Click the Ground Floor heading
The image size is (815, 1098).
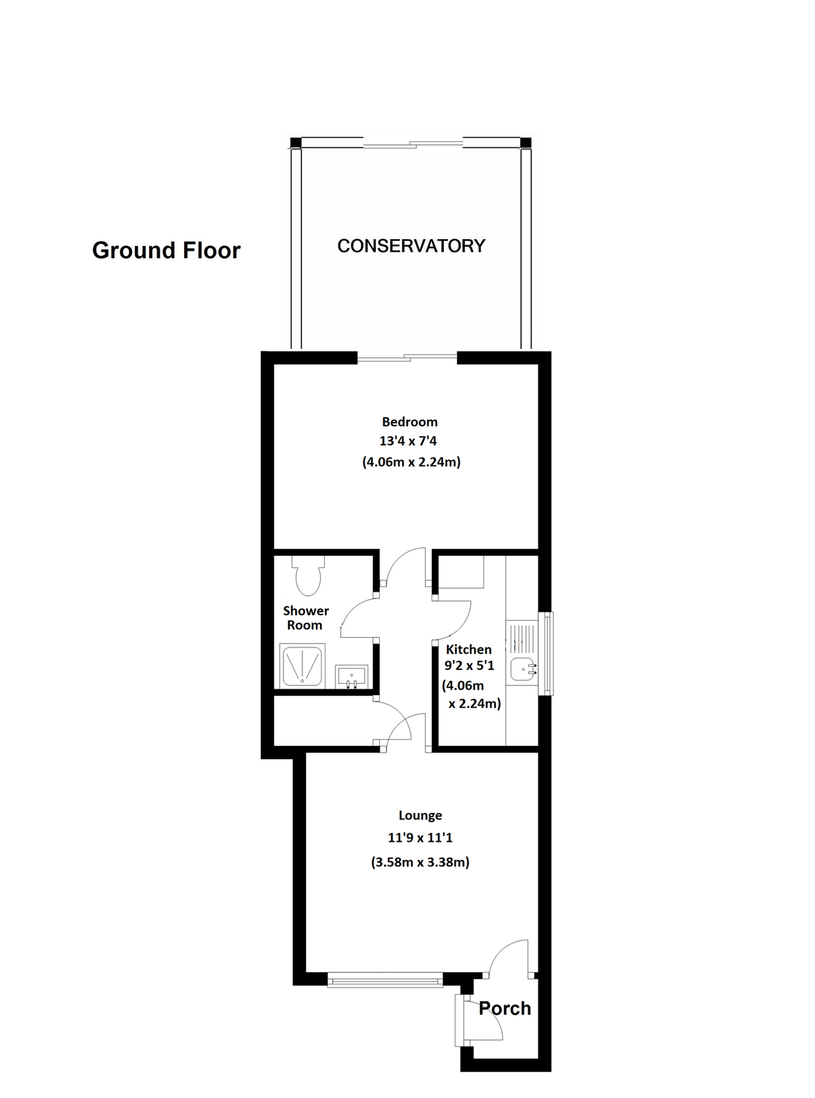166,250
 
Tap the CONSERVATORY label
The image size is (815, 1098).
411,246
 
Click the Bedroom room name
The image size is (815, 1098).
410,422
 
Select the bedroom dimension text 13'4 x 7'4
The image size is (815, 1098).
408,441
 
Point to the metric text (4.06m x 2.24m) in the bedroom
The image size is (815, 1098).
411,462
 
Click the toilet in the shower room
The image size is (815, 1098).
308,576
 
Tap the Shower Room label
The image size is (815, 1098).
305,618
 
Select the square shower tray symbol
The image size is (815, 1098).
302,665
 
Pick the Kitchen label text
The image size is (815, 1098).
468,649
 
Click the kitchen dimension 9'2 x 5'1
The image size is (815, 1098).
469,665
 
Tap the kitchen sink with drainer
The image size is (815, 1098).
521,653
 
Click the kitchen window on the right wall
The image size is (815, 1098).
549,653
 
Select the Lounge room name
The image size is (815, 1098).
420,816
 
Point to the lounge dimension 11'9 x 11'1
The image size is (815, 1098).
420,838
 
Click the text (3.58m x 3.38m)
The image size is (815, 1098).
420,862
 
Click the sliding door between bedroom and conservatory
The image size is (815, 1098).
407,357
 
